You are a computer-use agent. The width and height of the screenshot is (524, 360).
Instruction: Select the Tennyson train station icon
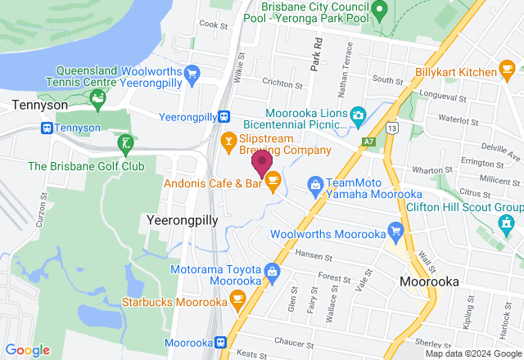tap(47, 128)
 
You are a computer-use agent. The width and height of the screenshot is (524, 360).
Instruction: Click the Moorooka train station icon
tap(220, 342)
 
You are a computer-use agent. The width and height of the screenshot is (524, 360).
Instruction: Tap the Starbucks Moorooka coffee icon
tap(238, 299)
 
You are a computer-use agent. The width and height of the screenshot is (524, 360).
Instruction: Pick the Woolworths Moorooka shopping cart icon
tap(396, 232)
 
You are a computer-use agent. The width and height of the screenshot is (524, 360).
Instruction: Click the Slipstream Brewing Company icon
tap(228, 141)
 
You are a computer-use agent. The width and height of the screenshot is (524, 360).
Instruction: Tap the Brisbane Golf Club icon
tap(124, 146)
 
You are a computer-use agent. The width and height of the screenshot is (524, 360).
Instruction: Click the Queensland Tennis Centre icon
tap(98, 101)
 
